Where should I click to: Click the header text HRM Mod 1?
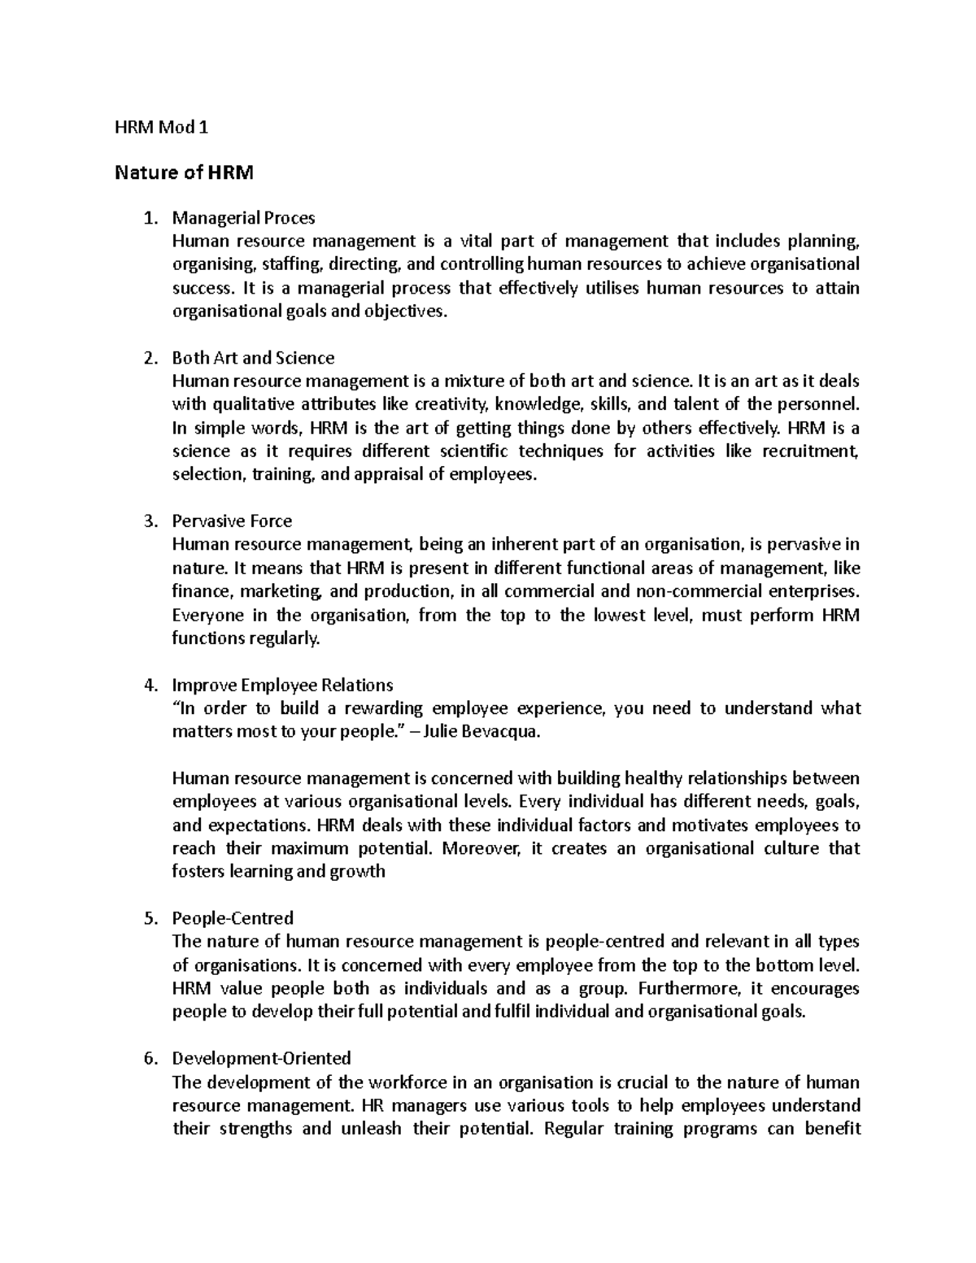click(160, 127)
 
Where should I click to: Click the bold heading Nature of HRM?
click(184, 172)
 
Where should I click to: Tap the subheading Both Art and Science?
click(253, 358)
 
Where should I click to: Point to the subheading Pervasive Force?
click(232, 520)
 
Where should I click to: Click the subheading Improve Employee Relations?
click(282, 685)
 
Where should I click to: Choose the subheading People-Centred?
click(233, 918)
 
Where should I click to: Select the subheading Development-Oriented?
click(261, 1058)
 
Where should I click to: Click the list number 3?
click(149, 521)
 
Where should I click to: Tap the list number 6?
click(149, 1059)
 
